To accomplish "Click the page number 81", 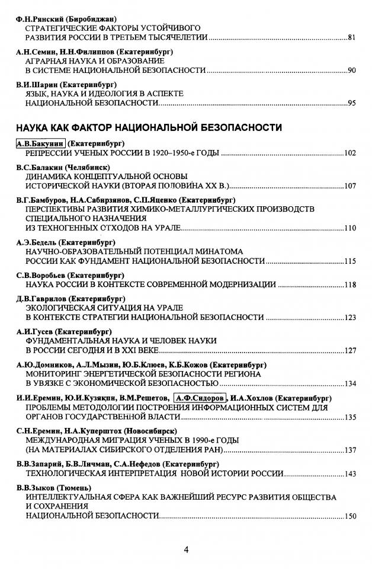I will pyautogui.click(x=351, y=37).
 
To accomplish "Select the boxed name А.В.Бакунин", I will pyautogui.click(x=41, y=144).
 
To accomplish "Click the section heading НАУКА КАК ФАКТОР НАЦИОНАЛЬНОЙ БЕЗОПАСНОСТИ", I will pyautogui.click(x=149, y=127).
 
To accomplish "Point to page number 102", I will pyautogui.click(x=349, y=154).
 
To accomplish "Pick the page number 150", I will pyautogui.click(x=349, y=516).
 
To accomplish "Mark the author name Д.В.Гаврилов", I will pyautogui.click(x=41, y=299).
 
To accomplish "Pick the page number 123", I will pyautogui.click(x=349, y=318).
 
